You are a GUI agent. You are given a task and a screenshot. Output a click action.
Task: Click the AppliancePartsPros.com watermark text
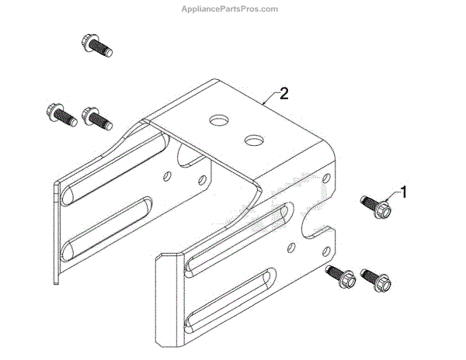click(232, 9)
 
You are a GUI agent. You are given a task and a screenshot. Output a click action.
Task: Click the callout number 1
click(402, 190)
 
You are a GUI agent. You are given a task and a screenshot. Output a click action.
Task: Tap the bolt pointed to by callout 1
click(376, 207)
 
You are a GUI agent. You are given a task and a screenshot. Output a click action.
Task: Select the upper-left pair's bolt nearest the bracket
click(96, 118)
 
